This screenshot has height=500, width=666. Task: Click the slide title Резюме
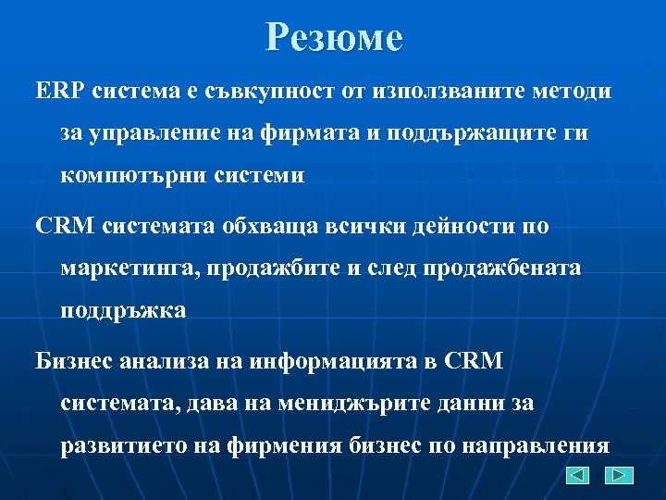tap(334, 38)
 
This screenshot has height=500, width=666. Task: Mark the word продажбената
tap(502, 268)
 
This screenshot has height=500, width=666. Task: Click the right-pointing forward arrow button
tap(619, 475)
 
